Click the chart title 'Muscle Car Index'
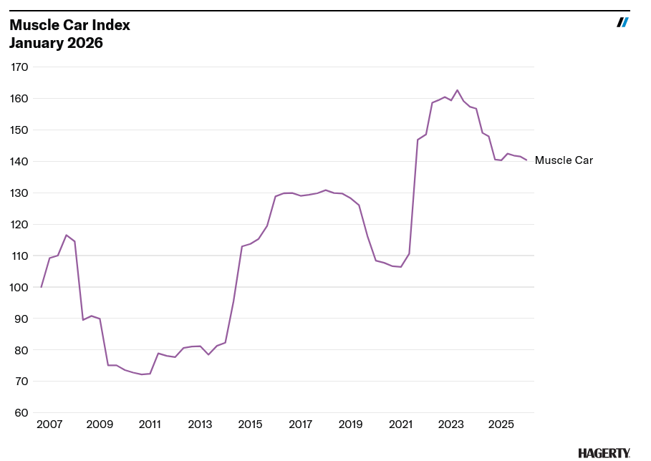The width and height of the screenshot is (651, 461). (69, 25)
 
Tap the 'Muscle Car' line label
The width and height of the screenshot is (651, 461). (564, 160)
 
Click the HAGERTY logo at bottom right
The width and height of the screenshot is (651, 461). (604, 452)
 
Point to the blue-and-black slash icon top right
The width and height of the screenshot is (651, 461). (622, 22)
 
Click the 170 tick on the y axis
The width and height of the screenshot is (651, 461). (19, 67)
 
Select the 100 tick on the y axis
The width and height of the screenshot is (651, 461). (19, 287)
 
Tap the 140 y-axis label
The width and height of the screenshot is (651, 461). (19, 162)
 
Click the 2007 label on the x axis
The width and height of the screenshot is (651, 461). (49, 424)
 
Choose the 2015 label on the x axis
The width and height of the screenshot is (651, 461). (250, 424)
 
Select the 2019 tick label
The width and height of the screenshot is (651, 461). (350, 424)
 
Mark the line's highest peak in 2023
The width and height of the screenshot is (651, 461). (458, 90)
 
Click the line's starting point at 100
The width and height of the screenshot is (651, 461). (41, 287)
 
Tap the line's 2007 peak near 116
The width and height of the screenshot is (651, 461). (66, 235)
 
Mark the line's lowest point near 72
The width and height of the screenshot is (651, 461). (141, 374)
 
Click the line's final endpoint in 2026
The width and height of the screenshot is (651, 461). (527, 160)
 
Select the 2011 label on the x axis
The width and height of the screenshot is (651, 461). (150, 424)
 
